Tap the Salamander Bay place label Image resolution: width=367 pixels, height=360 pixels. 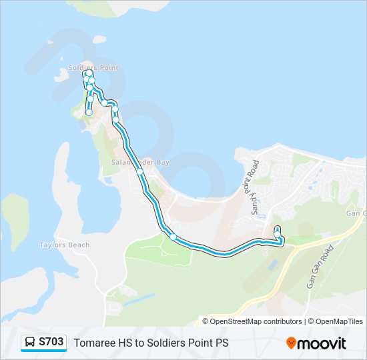(x=140, y=162)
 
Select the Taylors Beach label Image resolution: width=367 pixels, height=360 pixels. (x=64, y=245)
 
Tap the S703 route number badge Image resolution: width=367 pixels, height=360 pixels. (x=51, y=342)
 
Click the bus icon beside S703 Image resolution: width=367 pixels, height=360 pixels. (x=30, y=343)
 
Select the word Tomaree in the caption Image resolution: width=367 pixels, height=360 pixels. (x=92, y=343)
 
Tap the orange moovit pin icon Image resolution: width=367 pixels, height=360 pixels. (x=291, y=343)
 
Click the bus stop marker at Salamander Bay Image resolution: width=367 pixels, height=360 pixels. (x=140, y=171)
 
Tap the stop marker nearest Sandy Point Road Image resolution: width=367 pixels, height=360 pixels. (x=277, y=233)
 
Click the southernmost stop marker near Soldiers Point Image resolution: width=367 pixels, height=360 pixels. (x=89, y=113)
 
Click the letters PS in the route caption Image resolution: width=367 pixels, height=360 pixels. (x=222, y=343)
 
